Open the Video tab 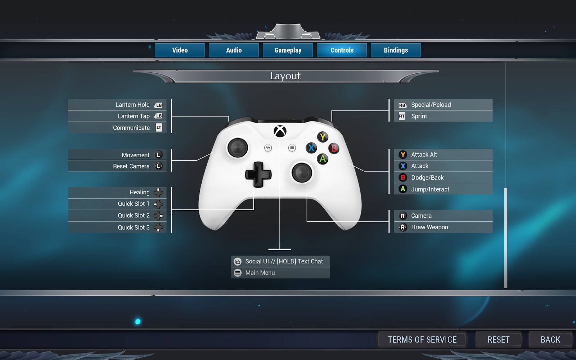coord(180,50)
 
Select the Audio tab coord(234,50)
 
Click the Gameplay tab coord(288,50)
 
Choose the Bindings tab coord(396,50)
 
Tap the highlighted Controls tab coord(342,50)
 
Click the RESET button coord(498,339)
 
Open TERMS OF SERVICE coord(422,339)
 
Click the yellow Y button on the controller coord(323,137)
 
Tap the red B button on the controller coord(334,148)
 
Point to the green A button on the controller coord(323,159)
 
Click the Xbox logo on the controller coord(280,131)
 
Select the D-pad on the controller coord(258,175)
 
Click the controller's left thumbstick coord(238,148)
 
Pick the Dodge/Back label coord(427,177)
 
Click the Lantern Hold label coord(132,105)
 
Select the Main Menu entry coord(260,273)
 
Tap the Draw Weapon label coord(429,227)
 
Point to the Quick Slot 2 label coord(134,215)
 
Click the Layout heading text coord(285,76)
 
